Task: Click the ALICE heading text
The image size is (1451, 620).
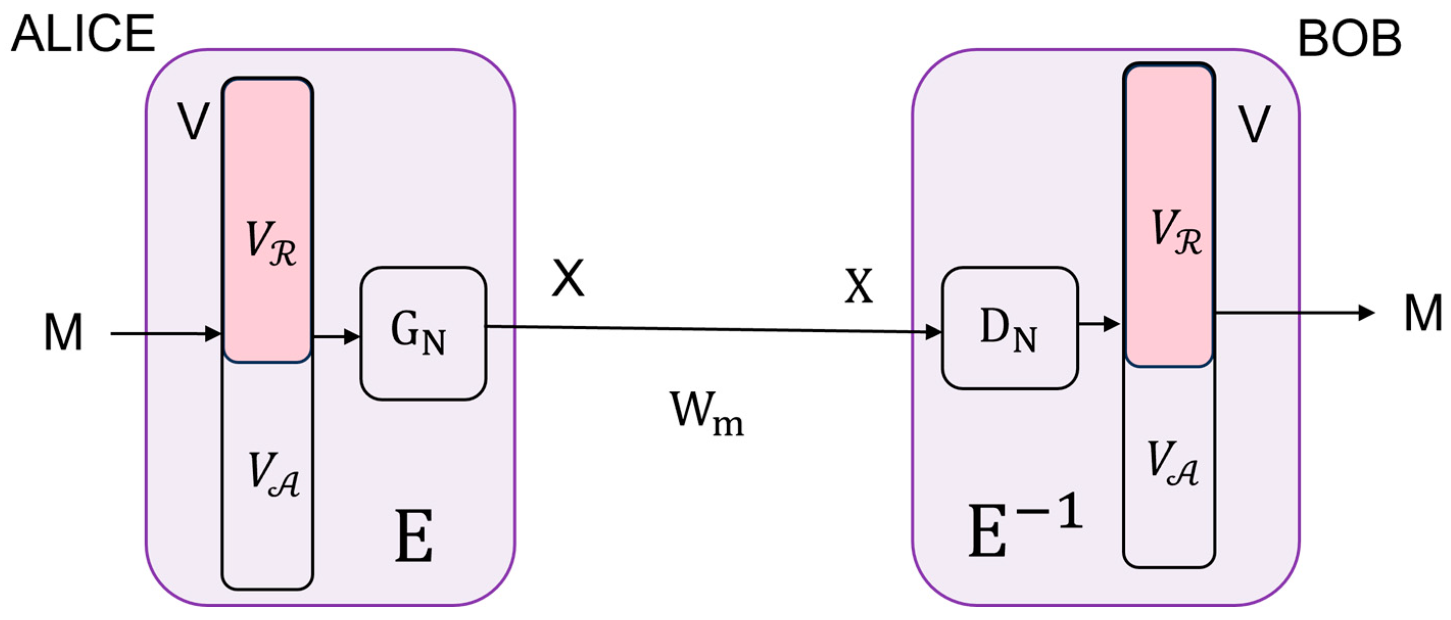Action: click(x=83, y=34)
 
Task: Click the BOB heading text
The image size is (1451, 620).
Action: click(x=1349, y=39)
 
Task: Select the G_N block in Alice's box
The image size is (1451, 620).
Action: click(x=423, y=333)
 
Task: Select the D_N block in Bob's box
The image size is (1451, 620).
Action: click(x=1009, y=328)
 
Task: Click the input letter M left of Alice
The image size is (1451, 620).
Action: click(x=63, y=333)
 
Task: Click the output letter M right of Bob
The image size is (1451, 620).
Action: click(x=1423, y=314)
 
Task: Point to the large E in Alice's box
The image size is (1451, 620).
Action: click(x=414, y=536)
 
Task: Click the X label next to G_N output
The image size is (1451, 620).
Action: click(x=568, y=278)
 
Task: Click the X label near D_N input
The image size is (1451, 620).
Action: click(x=858, y=287)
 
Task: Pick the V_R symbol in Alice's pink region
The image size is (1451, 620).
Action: click(x=271, y=244)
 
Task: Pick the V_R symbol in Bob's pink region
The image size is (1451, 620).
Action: click(x=1176, y=232)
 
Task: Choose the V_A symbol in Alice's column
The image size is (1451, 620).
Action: click(x=274, y=475)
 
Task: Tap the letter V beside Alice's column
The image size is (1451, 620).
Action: click(x=193, y=121)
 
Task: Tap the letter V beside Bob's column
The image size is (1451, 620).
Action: click(x=1254, y=124)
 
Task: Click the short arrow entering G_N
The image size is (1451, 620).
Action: click(x=336, y=337)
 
